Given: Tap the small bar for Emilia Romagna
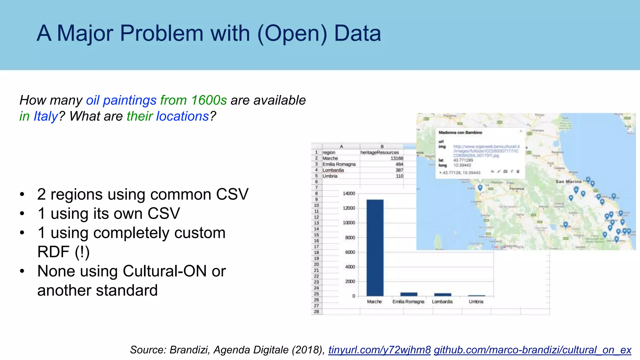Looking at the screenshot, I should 408,294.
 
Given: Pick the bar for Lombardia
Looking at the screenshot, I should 442,294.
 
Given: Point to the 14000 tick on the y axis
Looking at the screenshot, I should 349,193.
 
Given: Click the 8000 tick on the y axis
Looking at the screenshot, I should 350,237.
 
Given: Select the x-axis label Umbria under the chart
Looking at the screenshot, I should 476,302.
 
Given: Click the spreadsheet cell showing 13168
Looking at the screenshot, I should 397,158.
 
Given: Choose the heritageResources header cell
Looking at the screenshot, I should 380,152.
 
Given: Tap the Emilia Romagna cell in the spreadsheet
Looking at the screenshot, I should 339,164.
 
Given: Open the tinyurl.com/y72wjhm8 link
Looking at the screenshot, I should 379,350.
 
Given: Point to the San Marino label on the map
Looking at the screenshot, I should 568,182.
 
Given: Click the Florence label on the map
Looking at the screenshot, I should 517,189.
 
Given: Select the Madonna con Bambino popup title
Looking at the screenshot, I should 460,132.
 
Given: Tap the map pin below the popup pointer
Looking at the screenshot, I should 480,187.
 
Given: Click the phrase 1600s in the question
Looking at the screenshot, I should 209,100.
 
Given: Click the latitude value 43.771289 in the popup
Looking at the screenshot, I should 463,160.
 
